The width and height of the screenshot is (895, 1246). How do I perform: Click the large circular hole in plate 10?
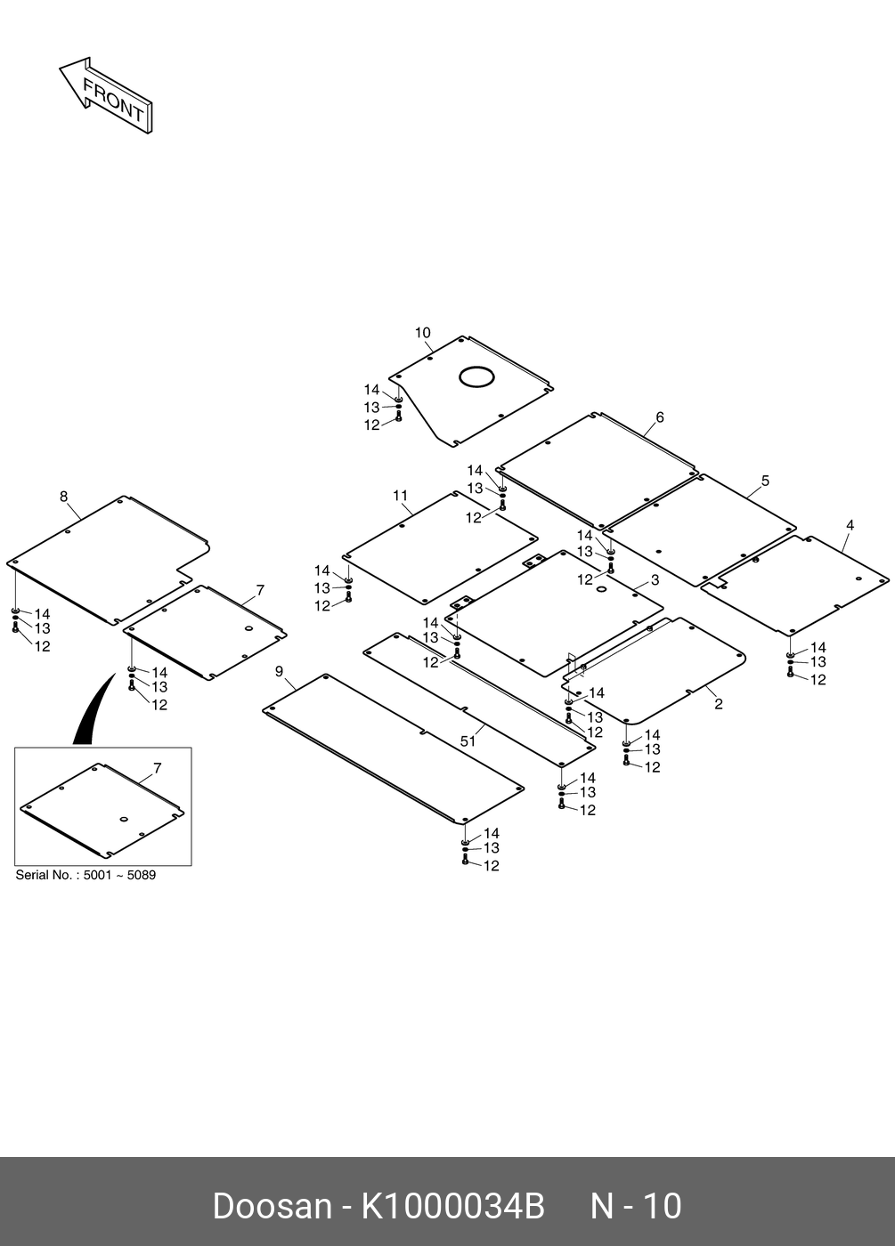coord(476,376)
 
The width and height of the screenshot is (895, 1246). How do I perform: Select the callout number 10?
coord(422,333)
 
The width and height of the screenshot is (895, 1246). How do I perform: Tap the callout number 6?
coord(660,417)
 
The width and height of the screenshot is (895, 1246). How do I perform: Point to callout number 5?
coord(765,481)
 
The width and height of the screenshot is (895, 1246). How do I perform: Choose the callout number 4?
coord(850,526)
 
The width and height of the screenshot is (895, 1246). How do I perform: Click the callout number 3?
coord(655,580)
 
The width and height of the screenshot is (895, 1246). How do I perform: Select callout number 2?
coord(718,704)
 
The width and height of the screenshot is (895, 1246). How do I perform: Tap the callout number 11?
coord(401,496)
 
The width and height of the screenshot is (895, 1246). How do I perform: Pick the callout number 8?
coord(63,497)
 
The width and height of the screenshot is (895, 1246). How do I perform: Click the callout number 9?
coord(279,670)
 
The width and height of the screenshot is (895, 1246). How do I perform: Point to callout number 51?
coord(468,741)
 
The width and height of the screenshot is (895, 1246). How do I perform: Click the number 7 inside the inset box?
coord(158,768)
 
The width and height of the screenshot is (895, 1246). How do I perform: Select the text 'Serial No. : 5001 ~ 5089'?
coord(85,875)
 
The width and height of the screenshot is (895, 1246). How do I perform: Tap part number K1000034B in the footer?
coord(452,1207)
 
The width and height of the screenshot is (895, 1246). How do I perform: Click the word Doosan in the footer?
coord(271,1207)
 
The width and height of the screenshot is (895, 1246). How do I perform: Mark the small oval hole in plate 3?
coord(601,589)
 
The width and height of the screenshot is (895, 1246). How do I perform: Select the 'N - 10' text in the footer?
coord(636,1207)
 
